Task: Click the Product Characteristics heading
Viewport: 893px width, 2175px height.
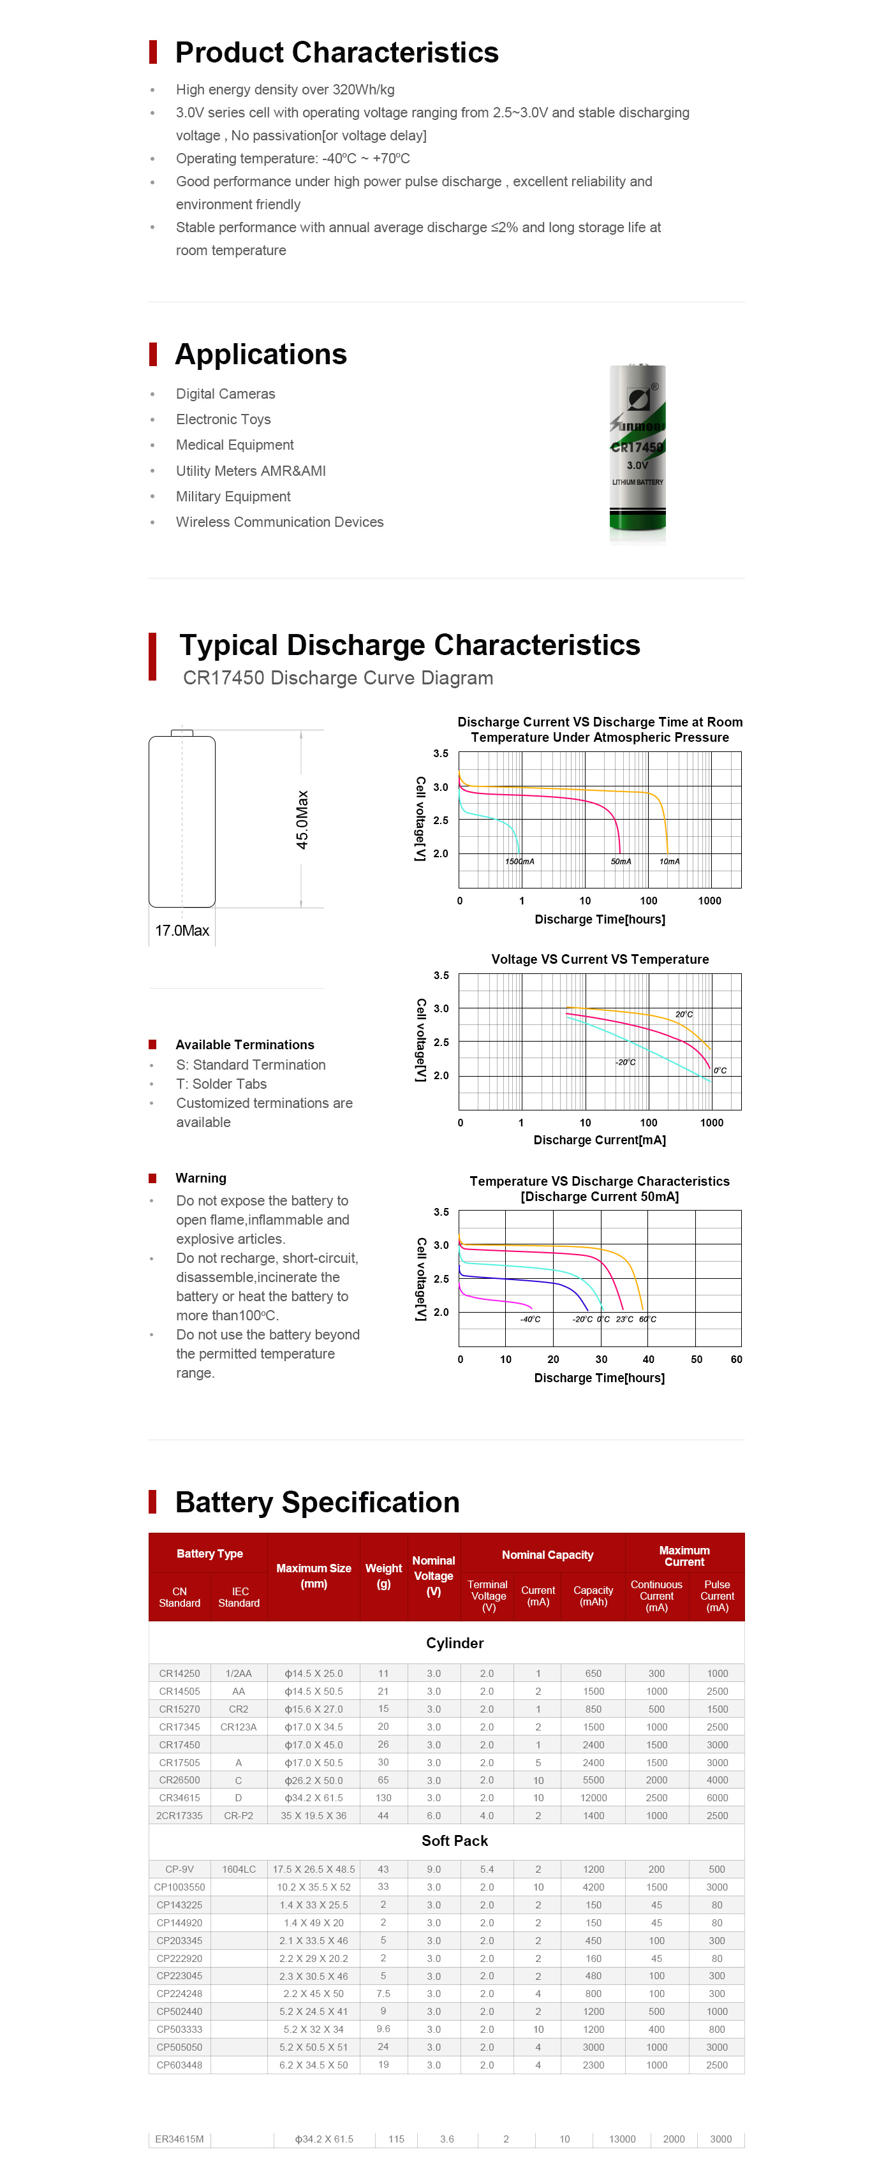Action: click(x=337, y=52)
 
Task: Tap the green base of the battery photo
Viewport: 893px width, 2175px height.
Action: click(x=637, y=522)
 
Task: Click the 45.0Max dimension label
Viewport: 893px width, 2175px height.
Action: click(x=301, y=819)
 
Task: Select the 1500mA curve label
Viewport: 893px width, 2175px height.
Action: click(x=520, y=861)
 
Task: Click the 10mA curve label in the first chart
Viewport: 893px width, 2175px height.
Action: click(x=669, y=861)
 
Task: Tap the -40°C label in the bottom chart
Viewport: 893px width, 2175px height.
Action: click(x=530, y=1319)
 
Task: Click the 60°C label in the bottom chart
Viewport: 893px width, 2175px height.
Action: click(x=647, y=1319)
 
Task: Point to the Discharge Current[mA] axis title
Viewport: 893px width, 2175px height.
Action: click(x=600, y=1140)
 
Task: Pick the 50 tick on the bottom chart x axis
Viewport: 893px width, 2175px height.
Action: click(x=697, y=1359)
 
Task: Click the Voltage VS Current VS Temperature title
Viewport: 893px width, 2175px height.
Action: click(x=600, y=959)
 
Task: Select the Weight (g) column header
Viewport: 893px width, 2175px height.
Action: click(x=383, y=1575)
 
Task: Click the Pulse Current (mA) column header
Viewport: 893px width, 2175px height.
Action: click(x=718, y=1596)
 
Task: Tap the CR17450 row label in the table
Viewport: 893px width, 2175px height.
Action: click(x=180, y=1744)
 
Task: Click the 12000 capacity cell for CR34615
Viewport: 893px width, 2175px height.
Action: click(x=593, y=1797)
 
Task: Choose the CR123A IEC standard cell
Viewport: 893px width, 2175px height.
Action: click(x=239, y=1727)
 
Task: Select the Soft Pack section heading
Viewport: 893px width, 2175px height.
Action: click(x=455, y=1841)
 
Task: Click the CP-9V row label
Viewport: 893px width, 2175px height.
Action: click(x=180, y=1869)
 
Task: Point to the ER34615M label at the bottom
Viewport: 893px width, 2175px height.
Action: click(x=180, y=2139)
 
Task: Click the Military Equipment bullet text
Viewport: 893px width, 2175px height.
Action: click(x=233, y=496)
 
